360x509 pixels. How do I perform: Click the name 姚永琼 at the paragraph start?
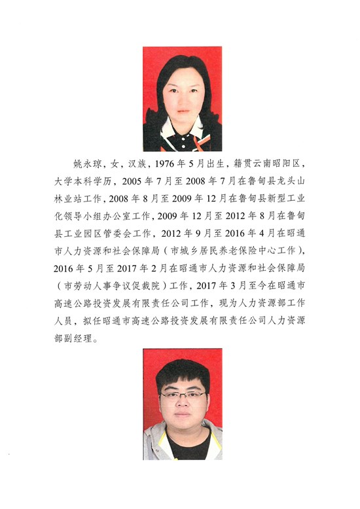84,162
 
